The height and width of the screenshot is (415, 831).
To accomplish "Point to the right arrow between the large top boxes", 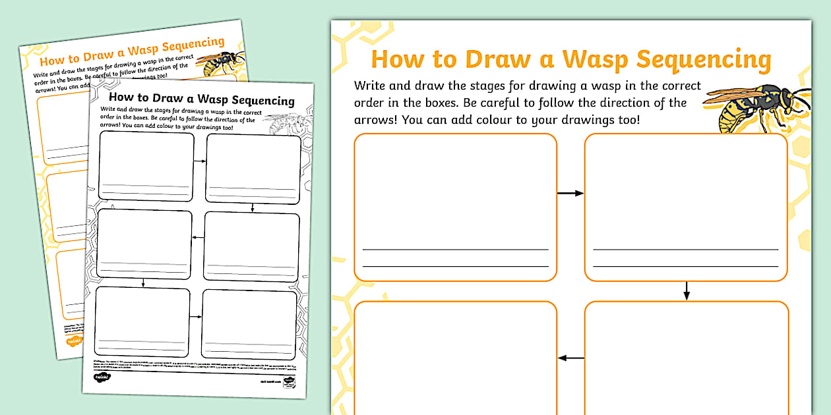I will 570,193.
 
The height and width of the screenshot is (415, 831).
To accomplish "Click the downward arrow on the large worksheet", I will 687,290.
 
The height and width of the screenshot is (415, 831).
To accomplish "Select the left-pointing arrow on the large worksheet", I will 570,358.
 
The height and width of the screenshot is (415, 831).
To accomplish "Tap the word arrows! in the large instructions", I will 375,120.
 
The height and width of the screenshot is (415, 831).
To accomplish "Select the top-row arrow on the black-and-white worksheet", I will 200,160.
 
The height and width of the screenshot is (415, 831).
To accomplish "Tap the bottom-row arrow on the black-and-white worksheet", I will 196,317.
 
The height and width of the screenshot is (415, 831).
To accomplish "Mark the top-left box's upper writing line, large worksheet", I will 455,250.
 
